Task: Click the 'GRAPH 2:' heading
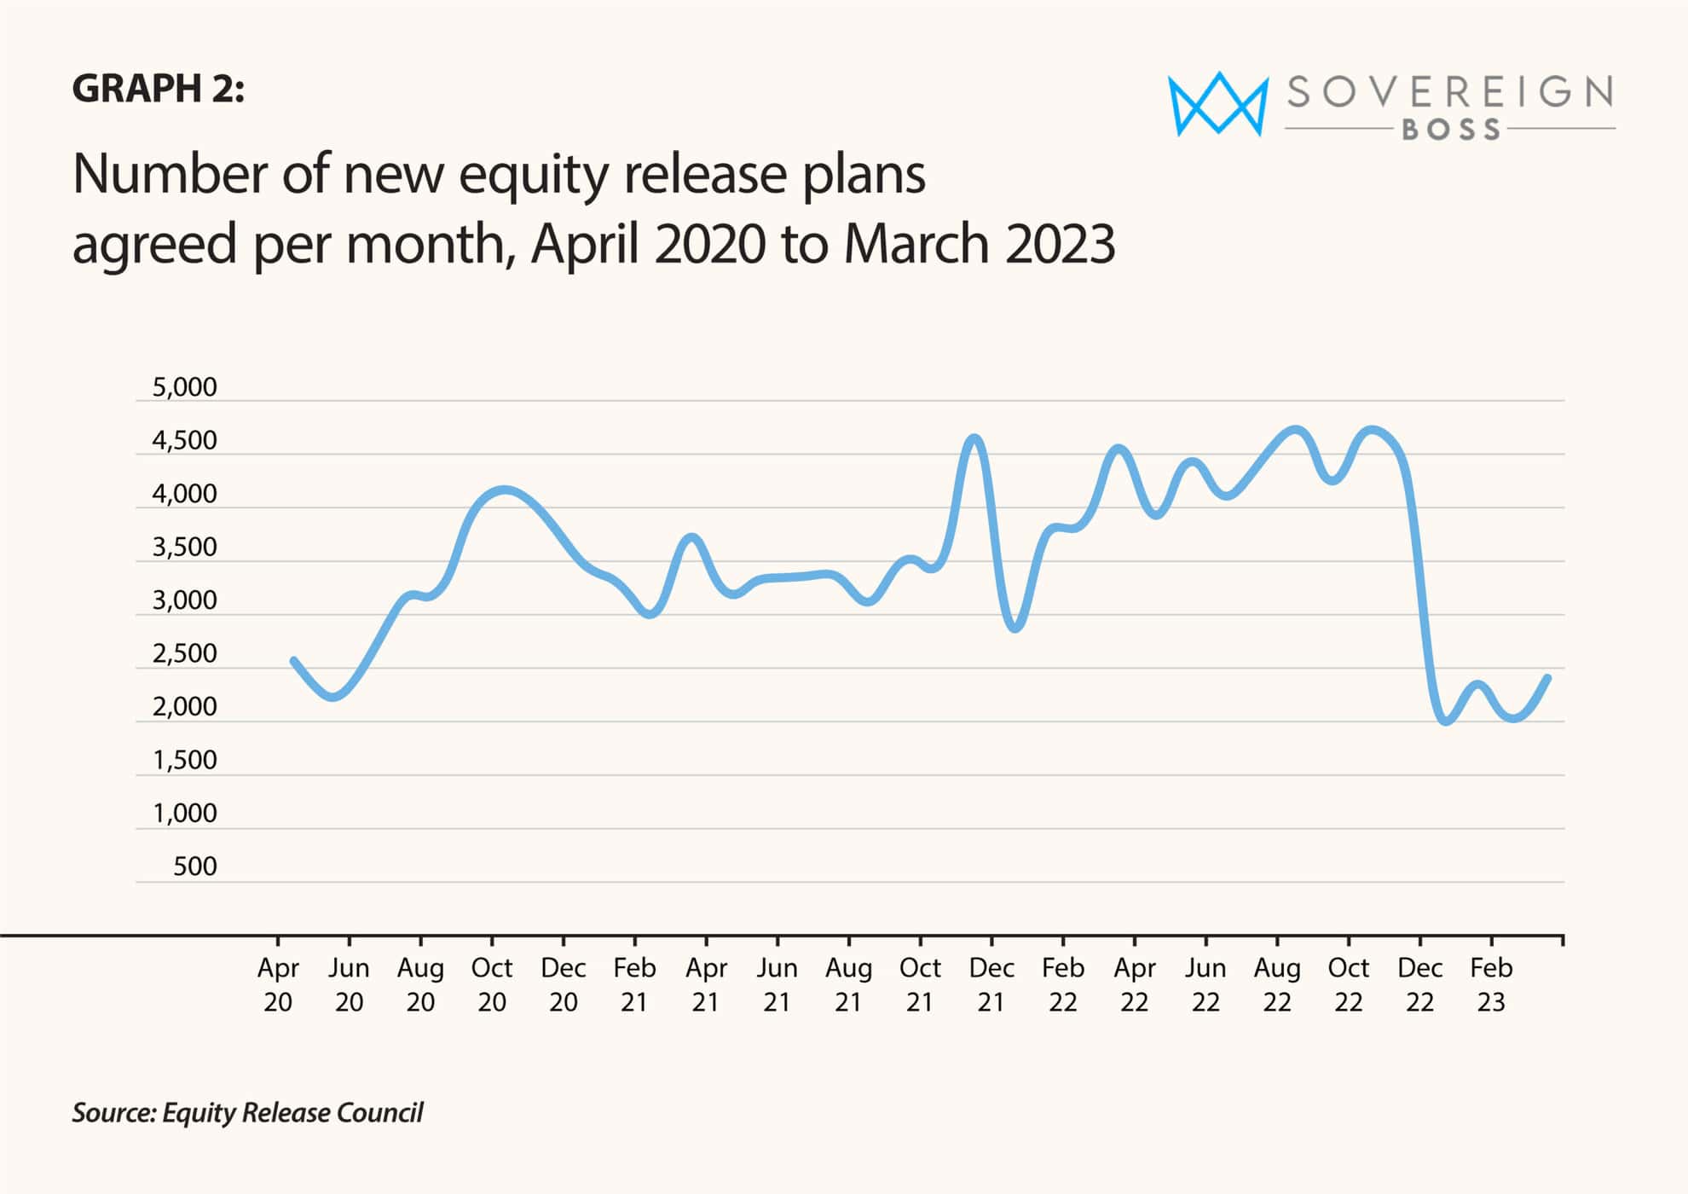click(x=158, y=89)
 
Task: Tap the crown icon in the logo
click(x=1217, y=104)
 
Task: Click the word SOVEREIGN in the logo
click(x=1449, y=92)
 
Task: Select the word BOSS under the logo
click(x=1451, y=130)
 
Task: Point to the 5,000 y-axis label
click(x=184, y=387)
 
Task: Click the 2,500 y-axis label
click(x=184, y=653)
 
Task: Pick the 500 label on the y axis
click(x=194, y=867)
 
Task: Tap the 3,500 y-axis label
click(x=184, y=547)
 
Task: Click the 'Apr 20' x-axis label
click(x=278, y=984)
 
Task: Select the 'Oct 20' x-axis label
click(x=492, y=984)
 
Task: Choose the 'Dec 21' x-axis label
click(x=991, y=984)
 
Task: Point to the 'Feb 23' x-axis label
click(x=1491, y=984)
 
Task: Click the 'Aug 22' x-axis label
click(x=1277, y=984)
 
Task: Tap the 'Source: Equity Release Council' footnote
click(x=247, y=1113)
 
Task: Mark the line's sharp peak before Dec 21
click(x=975, y=438)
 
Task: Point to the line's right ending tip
click(x=1547, y=678)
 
